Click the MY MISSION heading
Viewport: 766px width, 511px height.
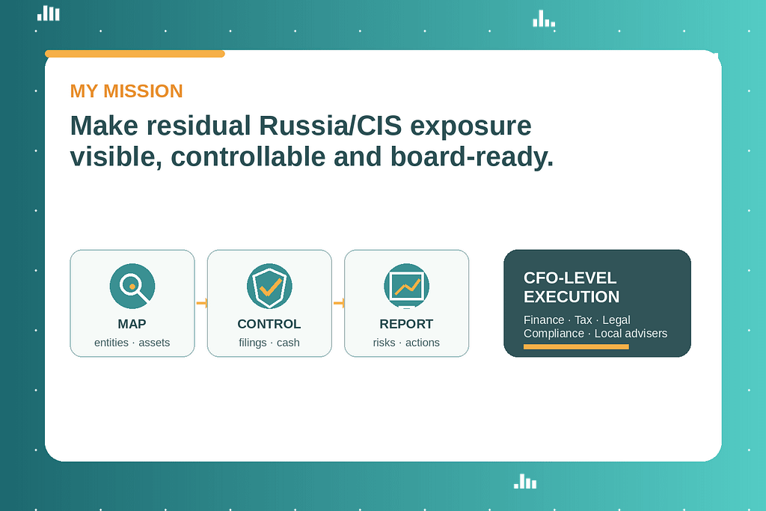126,91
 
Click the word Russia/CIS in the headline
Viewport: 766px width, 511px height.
328,126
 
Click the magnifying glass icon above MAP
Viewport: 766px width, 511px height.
132,286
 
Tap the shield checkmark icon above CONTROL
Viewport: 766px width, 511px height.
269,286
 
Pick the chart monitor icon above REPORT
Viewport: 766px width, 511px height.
406,286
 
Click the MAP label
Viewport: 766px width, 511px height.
132,324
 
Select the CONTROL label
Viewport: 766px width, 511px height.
269,324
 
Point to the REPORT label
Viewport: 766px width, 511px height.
406,324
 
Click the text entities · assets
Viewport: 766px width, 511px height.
132,343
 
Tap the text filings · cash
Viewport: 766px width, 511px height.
269,343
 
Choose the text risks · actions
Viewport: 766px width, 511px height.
406,343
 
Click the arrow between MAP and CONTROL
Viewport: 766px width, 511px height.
201,303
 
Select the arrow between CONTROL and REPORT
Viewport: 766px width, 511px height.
338,303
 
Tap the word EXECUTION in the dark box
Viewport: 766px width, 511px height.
572,297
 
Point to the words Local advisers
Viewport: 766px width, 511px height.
631,334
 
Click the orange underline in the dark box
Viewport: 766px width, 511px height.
576,347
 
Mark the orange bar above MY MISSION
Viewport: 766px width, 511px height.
135,54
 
